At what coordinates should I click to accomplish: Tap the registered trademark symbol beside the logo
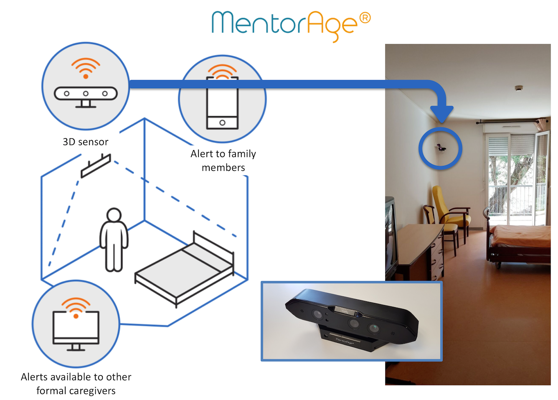tap(365, 18)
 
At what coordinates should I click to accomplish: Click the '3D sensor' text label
tap(86, 142)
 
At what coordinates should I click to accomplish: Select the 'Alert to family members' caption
tap(223, 161)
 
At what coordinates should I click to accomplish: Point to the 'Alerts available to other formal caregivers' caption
tap(76, 384)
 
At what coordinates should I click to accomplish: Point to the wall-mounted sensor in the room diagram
tap(96, 166)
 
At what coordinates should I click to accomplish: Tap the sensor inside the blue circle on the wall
tap(441, 147)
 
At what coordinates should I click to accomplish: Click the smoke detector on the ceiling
tap(519, 88)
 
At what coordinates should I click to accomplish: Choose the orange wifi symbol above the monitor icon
tap(76, 307)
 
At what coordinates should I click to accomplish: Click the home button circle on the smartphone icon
tap(222, 123)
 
